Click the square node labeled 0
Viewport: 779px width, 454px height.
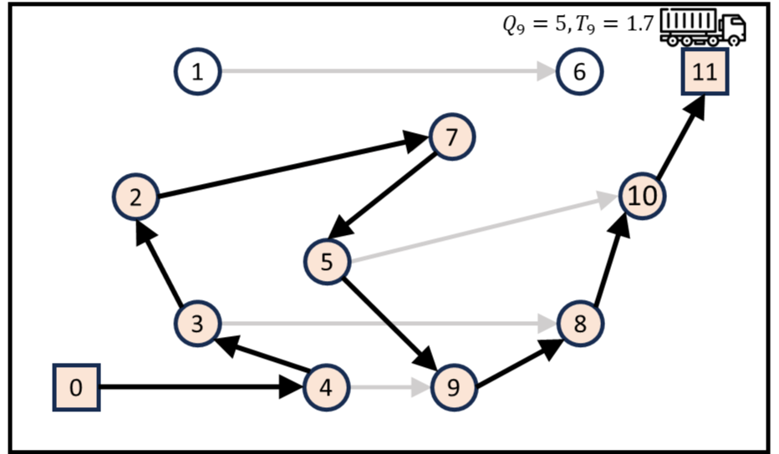point(77,388)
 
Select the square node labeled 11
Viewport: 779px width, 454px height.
point(705,71)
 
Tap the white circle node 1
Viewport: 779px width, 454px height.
point(197,72)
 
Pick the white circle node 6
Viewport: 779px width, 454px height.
point(579,72)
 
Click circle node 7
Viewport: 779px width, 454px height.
point(451,136)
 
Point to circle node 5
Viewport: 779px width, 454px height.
point(327,261)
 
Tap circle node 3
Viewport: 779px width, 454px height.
point(198,323)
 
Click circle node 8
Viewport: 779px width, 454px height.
point(580,323)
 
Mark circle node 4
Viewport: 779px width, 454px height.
point(326,387)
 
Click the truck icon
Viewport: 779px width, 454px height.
point(702,28)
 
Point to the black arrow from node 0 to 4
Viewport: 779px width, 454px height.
point(201,387)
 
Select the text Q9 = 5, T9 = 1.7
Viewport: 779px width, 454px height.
point(578,24)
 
